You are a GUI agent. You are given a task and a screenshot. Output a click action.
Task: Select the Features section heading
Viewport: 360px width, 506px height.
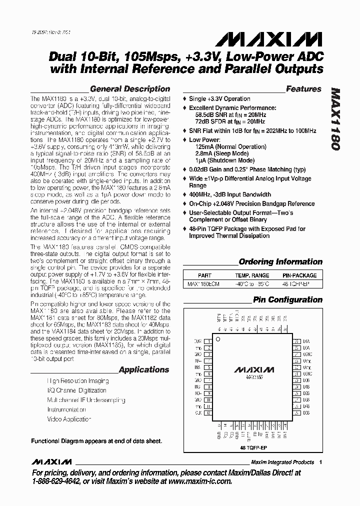[x=303, y=89]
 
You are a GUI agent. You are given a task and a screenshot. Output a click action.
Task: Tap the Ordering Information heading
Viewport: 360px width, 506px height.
[x=280, y=261]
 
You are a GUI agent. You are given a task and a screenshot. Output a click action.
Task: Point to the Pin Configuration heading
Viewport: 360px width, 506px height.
[x=287, y=299]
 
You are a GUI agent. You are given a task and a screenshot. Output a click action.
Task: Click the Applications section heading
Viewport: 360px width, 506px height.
[x=144, y=370]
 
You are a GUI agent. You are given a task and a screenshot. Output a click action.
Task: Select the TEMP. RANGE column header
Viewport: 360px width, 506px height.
[x=252, y=275]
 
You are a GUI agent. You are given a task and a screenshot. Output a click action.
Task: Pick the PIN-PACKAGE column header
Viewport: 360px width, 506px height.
[x=299, y=275]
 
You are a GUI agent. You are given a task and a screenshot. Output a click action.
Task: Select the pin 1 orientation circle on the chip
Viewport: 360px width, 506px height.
[x=218, y=338]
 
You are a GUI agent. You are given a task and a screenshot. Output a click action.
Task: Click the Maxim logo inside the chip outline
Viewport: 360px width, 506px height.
[x=253, y=370]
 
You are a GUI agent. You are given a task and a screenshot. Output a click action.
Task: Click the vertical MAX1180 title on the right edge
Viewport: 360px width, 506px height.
[x=335, y=120]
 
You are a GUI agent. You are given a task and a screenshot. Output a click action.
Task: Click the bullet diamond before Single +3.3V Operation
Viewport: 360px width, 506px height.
[x=184, y=99]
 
